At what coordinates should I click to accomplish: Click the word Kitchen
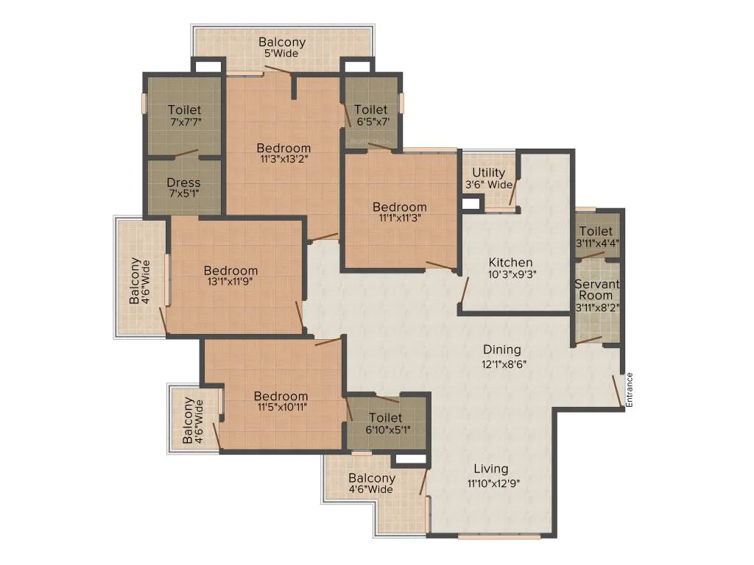511,263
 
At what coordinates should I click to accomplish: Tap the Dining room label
501,349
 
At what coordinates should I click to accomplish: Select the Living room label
491,469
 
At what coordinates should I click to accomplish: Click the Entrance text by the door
630,390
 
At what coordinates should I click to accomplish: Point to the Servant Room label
596,290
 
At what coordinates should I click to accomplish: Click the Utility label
489,172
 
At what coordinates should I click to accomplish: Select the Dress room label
183,182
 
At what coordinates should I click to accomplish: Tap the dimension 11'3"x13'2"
283,159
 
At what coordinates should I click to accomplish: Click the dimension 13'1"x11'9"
230,282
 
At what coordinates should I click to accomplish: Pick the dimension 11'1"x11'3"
400,218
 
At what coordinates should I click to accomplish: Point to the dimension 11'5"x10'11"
282,408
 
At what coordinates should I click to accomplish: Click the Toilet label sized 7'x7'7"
184,110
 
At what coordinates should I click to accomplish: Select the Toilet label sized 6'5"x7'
371,110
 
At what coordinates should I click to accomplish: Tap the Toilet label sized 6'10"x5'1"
386,418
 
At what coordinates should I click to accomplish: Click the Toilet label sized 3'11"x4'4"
596,231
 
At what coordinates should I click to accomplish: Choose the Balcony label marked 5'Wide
282,42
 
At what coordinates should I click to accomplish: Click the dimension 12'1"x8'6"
504,364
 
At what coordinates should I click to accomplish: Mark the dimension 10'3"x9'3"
512,274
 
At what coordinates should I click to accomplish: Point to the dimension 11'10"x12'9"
493,483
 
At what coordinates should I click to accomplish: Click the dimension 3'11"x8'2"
597,308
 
